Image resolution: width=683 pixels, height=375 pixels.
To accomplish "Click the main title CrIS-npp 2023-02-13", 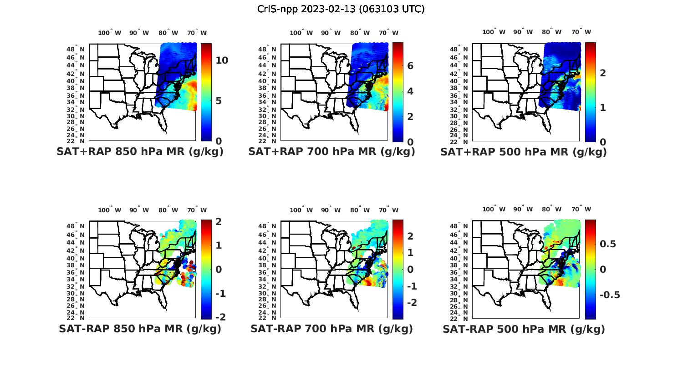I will pos(341,9).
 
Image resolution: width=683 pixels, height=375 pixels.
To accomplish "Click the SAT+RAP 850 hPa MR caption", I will pos(140,152).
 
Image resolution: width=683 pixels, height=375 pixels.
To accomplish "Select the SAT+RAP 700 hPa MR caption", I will pos(331,152).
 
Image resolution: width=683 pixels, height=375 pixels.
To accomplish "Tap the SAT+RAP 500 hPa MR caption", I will pos(524,152).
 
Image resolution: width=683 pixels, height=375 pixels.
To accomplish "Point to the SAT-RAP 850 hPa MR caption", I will pos(140,329).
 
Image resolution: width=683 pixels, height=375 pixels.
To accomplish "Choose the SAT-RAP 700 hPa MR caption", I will pos(331,329).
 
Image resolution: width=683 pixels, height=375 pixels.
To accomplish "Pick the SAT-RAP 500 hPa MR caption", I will pos(524,329).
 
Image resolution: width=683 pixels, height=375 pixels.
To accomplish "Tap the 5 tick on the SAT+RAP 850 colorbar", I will pos(219,100).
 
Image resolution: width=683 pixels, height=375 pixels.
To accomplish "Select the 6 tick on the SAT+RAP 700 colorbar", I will pos(410,66).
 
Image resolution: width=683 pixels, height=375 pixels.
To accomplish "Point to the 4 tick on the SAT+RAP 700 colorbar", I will pos(410,91).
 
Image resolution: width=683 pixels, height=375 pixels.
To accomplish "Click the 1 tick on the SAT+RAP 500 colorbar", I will pos(602,107).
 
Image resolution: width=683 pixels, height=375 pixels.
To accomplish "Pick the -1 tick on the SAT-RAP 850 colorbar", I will pos(220,293).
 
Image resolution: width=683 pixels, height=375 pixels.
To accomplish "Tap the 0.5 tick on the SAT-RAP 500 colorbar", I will pos(608,244).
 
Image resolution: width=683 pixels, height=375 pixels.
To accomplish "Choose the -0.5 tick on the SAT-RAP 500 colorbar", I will pos(610,295).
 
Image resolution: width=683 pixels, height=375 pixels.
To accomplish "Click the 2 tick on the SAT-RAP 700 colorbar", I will pos(410,235).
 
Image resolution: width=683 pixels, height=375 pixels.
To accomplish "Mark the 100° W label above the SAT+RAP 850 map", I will pos(109,33).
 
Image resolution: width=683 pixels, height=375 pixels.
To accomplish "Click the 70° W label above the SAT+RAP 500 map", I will pos(581,32).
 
